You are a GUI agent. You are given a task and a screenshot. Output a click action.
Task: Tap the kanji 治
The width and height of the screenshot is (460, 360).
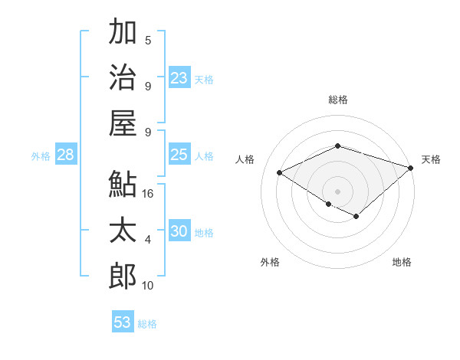123,77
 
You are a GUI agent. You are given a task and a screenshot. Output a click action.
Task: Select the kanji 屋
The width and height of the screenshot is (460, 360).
123,123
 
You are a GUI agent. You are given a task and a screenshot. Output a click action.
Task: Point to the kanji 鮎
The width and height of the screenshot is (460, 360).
123,184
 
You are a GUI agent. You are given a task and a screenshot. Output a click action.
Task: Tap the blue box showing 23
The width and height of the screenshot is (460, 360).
179,77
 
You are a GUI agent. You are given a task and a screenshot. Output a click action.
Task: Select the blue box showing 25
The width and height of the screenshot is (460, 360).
179,155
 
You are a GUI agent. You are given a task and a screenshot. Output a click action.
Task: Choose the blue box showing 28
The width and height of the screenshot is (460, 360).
65,155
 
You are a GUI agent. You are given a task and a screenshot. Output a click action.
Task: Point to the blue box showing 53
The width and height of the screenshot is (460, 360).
123,322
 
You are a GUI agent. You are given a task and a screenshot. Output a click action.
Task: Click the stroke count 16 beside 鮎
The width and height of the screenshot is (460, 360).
148,194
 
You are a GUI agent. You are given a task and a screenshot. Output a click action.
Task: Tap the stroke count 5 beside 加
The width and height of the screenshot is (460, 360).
148,40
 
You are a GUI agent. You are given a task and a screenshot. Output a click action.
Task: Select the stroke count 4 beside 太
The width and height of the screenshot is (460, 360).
148,240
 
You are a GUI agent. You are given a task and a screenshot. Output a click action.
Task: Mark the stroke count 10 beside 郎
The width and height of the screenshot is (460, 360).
148,286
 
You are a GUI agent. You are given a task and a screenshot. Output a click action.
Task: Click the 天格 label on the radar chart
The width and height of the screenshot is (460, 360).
431,159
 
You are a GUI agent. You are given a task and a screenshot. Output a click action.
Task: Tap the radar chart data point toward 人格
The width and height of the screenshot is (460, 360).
280,172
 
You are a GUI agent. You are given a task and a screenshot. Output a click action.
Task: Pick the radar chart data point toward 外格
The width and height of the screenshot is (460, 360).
328,204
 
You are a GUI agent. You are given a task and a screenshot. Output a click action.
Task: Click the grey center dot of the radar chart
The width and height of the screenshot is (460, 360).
337,191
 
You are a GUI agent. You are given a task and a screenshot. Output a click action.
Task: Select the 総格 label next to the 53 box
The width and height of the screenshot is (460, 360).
147,324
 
